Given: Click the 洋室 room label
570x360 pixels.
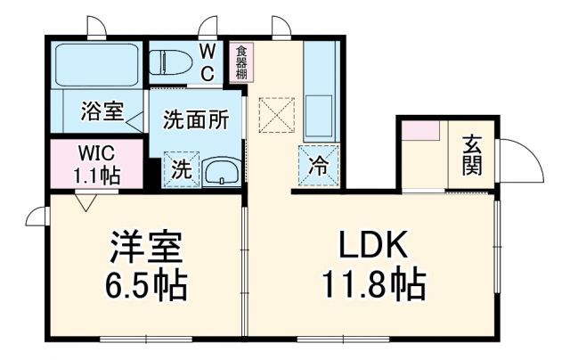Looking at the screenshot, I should [x=147, y=243].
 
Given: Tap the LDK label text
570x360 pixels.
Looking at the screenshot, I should [x=373, y=243].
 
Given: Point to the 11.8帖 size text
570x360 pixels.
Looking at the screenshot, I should [x=373, y=285].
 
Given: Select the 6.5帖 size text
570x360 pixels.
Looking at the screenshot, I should [x=147, y=285].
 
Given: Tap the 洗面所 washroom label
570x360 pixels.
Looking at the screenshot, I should [x=196, y=118].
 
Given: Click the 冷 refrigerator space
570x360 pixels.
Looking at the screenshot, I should [x=317, y=164].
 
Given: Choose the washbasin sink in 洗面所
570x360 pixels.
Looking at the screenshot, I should [x=219, y=171].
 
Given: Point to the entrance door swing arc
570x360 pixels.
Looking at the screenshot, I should [x=521, y=160].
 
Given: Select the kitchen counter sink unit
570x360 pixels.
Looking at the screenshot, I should [x=317, y=89].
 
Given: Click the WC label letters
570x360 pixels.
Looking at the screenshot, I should [x=206, y=62].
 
